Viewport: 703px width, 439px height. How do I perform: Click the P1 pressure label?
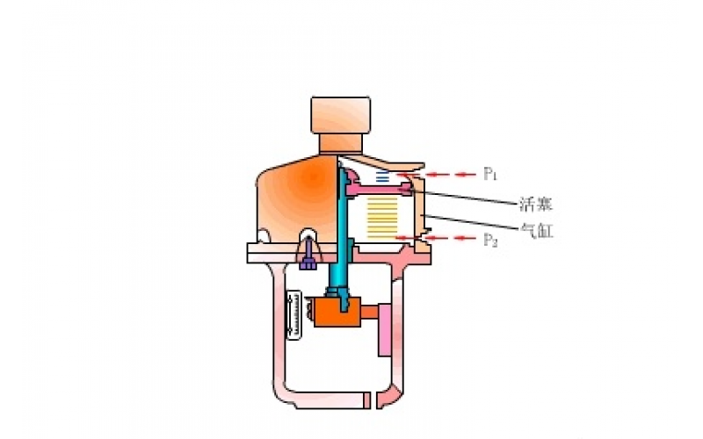point(491,174)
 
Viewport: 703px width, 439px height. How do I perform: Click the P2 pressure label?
point(491,239)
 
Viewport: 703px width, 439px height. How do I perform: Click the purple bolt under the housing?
point(308,260)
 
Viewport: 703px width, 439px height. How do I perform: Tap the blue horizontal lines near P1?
point(381,178)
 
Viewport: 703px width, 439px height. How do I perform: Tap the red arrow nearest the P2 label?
point(464,238)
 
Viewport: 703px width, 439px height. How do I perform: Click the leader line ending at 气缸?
point(475,223)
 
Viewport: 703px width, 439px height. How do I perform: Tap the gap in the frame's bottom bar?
point(373,401)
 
